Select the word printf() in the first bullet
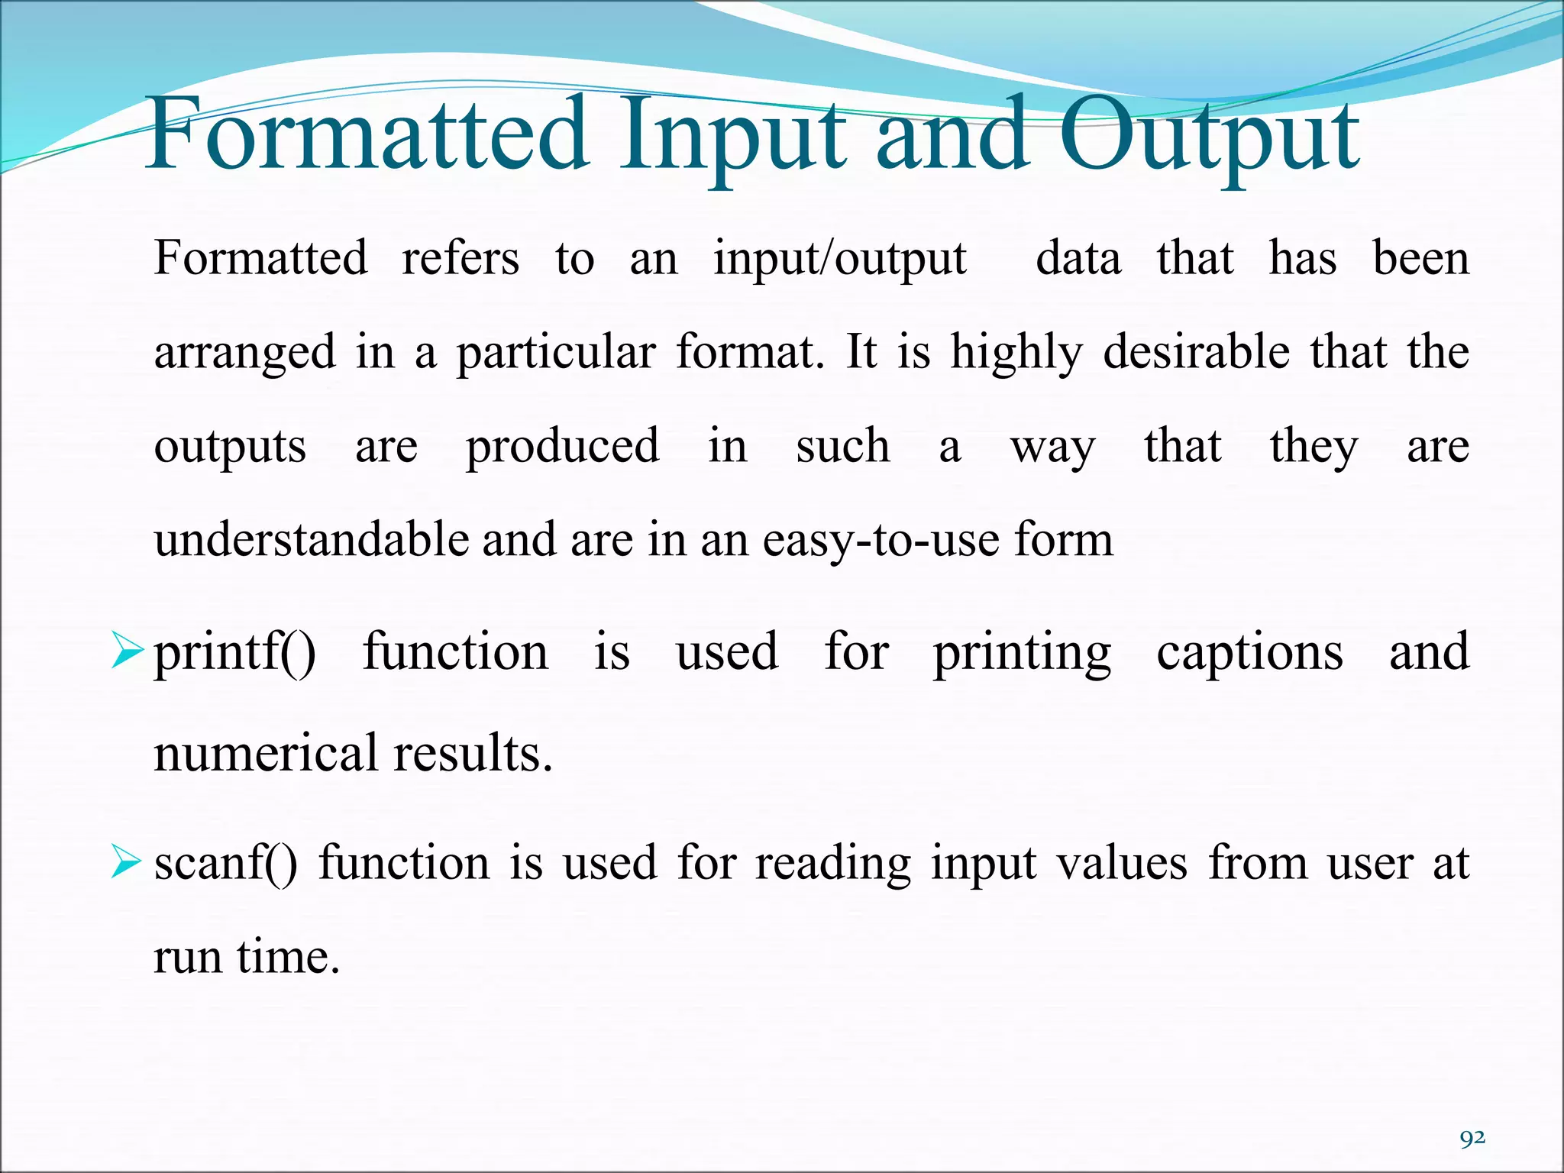coord(234,654)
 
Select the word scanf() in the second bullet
coord(226,864)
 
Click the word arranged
coord(244,353)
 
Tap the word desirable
coord(1197,353)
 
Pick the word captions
coord(1249,654)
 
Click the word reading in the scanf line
coord(833,864)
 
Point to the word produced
coord(563,448)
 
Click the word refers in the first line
coord(460,258)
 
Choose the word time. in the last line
coord(288,956)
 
